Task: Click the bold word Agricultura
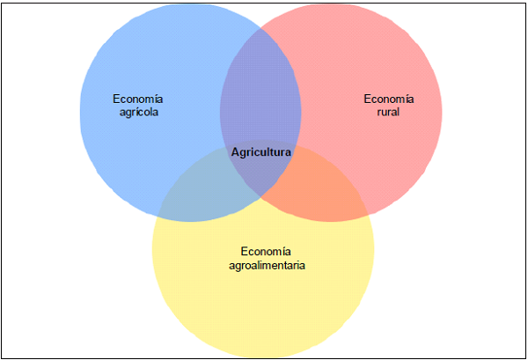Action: (x=260, y=152)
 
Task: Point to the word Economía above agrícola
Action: (x=137, y=98)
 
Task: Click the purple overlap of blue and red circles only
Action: (x=260, y=88)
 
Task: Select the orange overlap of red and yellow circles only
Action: (x=330, y=189)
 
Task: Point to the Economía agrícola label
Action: (x=137, y=105)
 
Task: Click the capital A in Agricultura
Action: (x=235, y=152)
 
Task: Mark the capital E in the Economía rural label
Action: (x=367, y=98)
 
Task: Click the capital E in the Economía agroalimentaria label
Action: (x=242, y=250)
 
